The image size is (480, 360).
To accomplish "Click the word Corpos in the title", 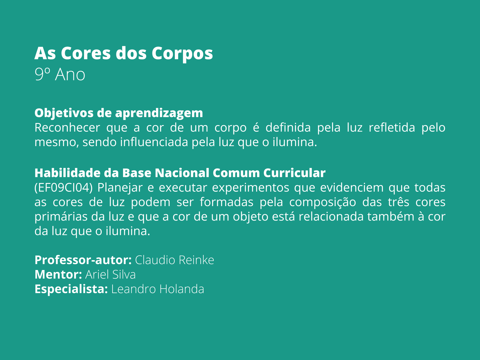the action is [182, 54].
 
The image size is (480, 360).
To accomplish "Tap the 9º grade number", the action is [42, 74].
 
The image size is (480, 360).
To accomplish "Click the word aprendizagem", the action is [159, 113].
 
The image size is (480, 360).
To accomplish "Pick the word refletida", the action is [392, 127].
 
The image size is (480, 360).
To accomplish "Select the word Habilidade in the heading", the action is [67, 173].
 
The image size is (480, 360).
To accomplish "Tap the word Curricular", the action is [294, 173].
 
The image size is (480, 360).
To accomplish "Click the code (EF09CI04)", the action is [64, 188].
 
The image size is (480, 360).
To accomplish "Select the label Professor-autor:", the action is [83, 260].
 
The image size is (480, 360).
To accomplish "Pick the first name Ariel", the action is [96, 274].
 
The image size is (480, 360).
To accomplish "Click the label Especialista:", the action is [71, 289].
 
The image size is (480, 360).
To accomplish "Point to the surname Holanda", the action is [182, 289].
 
